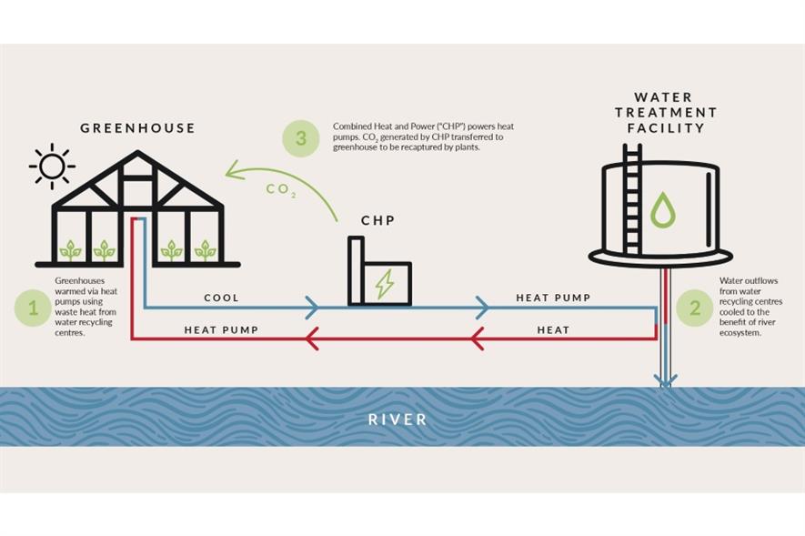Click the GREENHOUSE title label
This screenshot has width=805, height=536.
(137, 127)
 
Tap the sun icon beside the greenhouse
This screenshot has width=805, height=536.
(52, 167)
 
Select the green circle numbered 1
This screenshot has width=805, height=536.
(33, 308)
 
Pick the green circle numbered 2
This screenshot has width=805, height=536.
(695, 308)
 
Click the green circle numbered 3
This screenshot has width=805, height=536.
(301, 137)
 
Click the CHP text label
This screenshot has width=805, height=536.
(377, 221)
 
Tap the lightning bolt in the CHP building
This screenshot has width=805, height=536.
(385, 284)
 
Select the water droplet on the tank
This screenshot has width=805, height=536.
(663, 210)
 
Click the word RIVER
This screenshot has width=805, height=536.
(397, 420)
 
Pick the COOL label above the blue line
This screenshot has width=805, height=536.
(221, 298)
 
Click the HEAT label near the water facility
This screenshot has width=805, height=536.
(553, 330)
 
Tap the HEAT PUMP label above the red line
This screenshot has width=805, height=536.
(221, 330)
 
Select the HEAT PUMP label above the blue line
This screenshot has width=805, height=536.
(553, 298)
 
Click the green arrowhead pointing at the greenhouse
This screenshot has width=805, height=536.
(236, 170)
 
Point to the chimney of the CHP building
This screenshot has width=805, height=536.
(357, 270)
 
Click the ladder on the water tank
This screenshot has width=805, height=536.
(632, 199)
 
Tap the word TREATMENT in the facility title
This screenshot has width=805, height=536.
(665, 113)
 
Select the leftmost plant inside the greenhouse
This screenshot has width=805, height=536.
(70, 250)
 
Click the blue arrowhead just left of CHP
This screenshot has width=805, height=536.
(312, 308)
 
